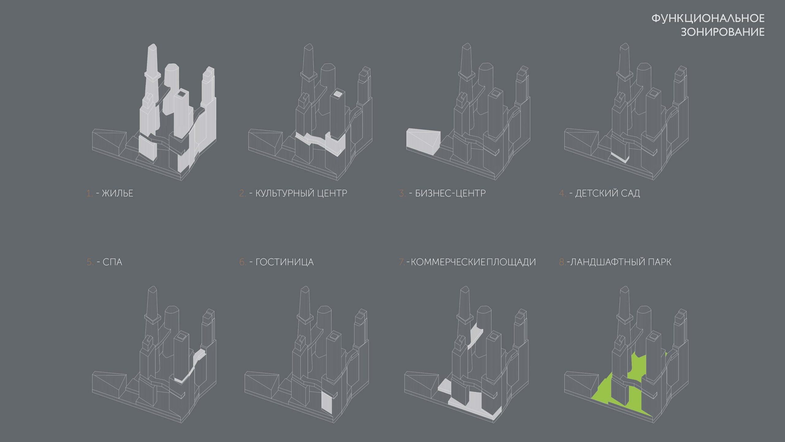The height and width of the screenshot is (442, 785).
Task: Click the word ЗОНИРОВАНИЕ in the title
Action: click(x=723, y=32)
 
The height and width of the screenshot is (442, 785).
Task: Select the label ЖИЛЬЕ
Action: click(x=117, y=193)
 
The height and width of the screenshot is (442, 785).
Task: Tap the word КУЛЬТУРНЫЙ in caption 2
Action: click(x=285, y=193)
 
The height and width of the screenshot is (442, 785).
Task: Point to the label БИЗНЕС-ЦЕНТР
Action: click(x=450, y=193)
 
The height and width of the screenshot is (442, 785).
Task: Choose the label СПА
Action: click(x=112, y=262)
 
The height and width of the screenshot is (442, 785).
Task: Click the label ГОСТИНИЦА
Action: click(x=285, y=262)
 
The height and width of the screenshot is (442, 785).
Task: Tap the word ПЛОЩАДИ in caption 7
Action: click(x=511, y=262)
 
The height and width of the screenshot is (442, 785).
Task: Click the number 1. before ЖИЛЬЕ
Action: click(x=89, y=193)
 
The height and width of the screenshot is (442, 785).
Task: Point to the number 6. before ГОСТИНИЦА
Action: click(x=243, y=262)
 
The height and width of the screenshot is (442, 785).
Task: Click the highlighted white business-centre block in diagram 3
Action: click(x=423, y=142)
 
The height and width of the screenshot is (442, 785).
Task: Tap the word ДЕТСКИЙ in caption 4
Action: click(x=592, y=193)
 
